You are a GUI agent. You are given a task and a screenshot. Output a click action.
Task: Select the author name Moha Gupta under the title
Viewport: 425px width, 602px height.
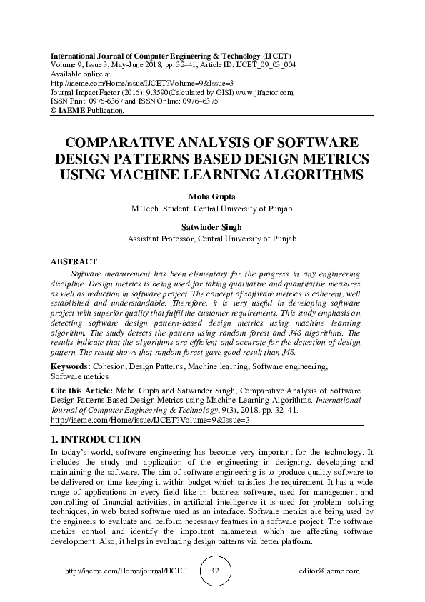pos(212,196)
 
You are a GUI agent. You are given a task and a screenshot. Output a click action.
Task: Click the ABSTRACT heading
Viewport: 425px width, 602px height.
pos(74,261)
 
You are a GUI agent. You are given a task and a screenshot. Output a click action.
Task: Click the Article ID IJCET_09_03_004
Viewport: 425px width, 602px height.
pos(264,64)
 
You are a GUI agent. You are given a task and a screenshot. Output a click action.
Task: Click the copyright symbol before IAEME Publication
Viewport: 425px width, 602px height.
pos(53,111)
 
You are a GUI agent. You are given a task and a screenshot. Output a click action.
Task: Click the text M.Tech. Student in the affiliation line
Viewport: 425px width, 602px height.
pos(161,209)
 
